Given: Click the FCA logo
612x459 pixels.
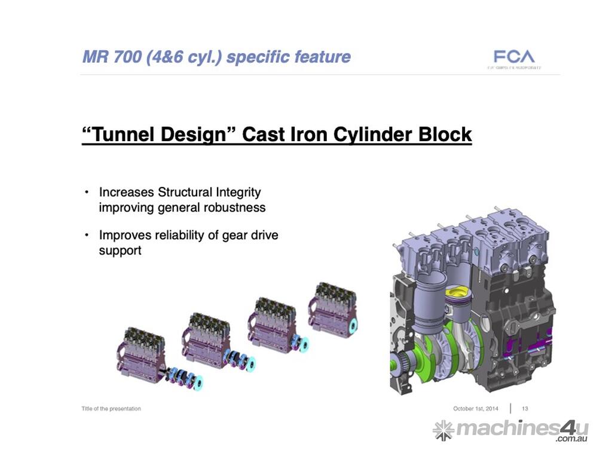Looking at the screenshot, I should click(513, 57).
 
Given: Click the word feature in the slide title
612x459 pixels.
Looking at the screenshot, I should click(322, 57).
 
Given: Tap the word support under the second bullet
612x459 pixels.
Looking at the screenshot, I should click(120, 250).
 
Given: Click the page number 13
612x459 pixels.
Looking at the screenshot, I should click(525, 409).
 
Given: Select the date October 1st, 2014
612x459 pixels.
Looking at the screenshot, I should click(475, 409).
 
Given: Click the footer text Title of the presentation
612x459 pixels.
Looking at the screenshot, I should click(111, 409).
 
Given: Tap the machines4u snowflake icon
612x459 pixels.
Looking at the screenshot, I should click(443, 430).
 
